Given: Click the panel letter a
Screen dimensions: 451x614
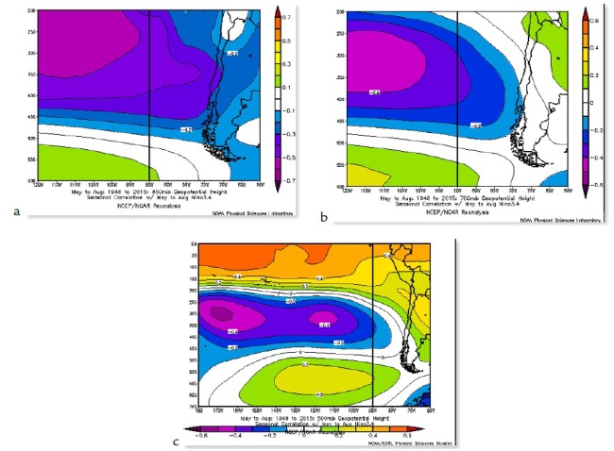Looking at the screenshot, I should pos(16,211).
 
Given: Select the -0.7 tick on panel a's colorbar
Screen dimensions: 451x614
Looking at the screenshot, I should pos(285,178).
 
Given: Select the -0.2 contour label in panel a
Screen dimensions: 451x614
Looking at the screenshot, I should pos(186,128).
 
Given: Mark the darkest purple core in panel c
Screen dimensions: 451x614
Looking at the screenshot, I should pos(222,314).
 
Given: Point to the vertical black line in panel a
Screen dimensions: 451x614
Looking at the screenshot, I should pos(150,94).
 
